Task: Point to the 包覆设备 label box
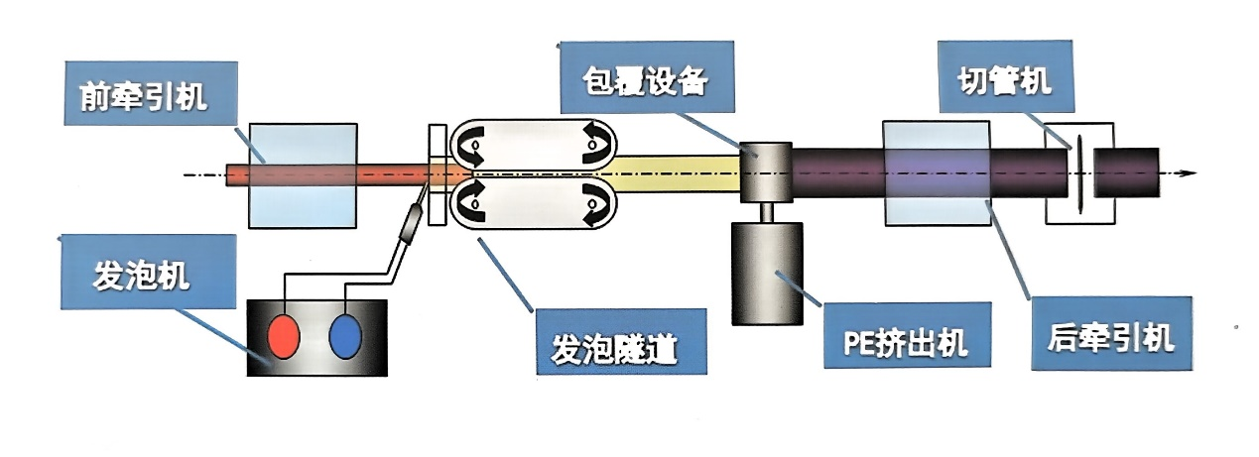click(x=647, y=81)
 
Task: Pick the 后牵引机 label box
click(x=1110, y=337)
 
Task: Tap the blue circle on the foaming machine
click(x=347, y=336)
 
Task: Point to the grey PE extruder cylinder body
click(x=767, y=273)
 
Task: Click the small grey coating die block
click(x=766, y=171)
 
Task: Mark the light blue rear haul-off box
click(x=935, y=172)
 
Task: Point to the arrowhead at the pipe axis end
click(x=1187, y=172)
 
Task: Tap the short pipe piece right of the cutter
click(x=1127, y=171)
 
